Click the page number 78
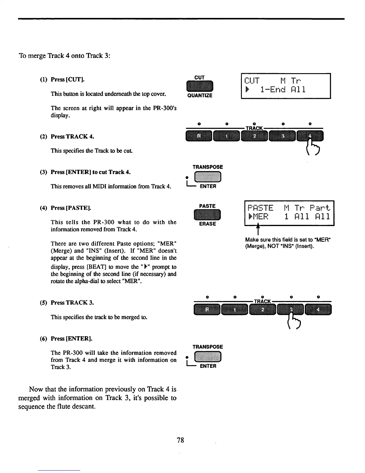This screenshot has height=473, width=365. click(x=180, y=440)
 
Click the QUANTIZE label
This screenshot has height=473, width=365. click(x=200, y=96)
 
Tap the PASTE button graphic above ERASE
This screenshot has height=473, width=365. click(x=207, y=215)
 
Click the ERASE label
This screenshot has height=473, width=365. click(x=207, y=224)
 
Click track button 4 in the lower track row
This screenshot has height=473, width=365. click(x=318, y=309)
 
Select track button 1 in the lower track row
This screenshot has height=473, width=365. click(x=235, y=309)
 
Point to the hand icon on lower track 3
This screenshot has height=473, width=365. click(x=294, y=320)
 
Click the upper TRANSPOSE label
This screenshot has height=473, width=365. click(x=208, y=167)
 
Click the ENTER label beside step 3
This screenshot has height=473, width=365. click(x=208, y=186)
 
